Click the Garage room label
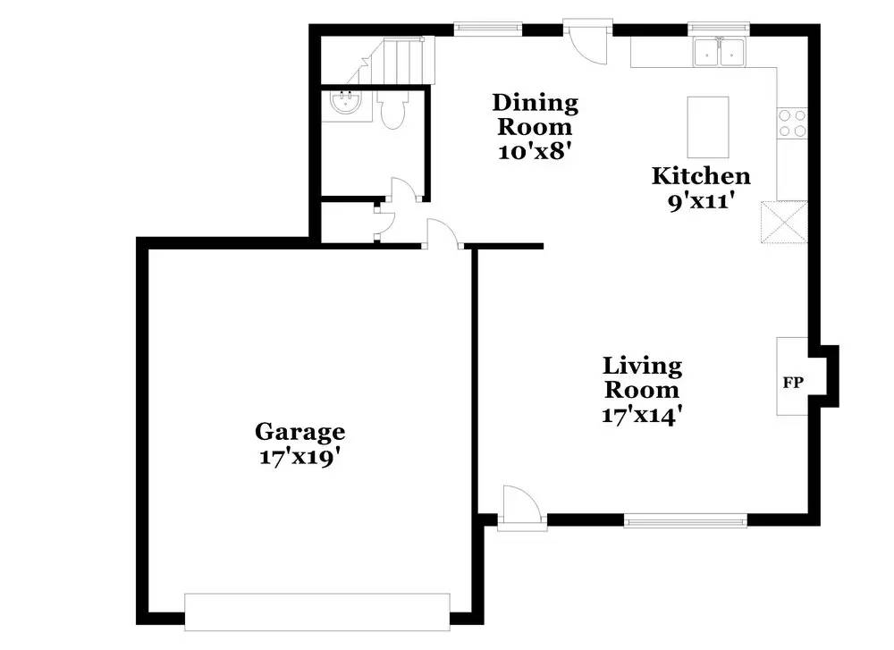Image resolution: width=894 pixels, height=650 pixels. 299,432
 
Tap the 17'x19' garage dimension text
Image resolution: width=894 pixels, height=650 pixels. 299,456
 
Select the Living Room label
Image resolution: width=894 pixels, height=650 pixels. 642,377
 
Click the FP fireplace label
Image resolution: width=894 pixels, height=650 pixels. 793,383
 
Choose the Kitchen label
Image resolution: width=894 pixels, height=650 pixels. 700,175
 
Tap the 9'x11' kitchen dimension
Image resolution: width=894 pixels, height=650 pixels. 700,201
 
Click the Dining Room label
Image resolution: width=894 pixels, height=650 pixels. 535,114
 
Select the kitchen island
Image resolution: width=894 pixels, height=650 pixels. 707,127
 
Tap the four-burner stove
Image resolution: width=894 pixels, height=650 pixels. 791,122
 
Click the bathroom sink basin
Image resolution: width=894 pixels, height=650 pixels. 344,104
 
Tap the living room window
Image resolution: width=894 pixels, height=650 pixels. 685,519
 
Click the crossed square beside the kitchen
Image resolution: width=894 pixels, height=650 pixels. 780,221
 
